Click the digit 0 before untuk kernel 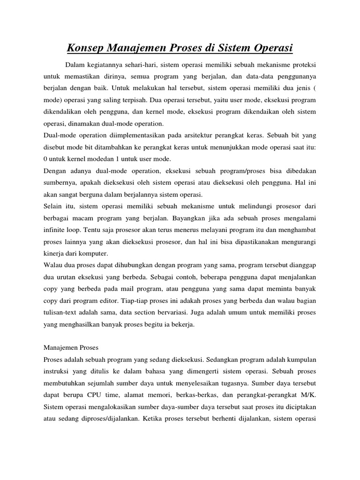[x=45, y=160]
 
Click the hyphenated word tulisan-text [x=63, y=315]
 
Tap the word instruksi [x=57, y=372]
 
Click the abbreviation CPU [x=105, y=396]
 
